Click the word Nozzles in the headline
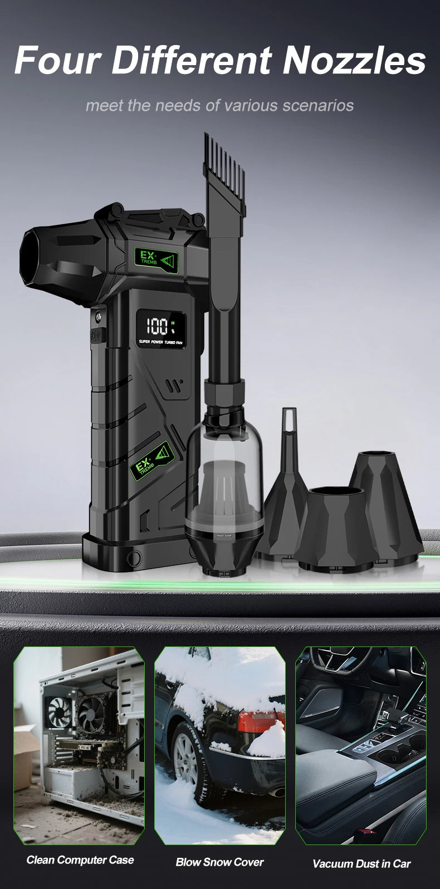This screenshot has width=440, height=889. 354,60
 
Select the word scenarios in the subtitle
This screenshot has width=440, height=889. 318,106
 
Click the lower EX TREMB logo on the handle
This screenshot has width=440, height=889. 153,461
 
